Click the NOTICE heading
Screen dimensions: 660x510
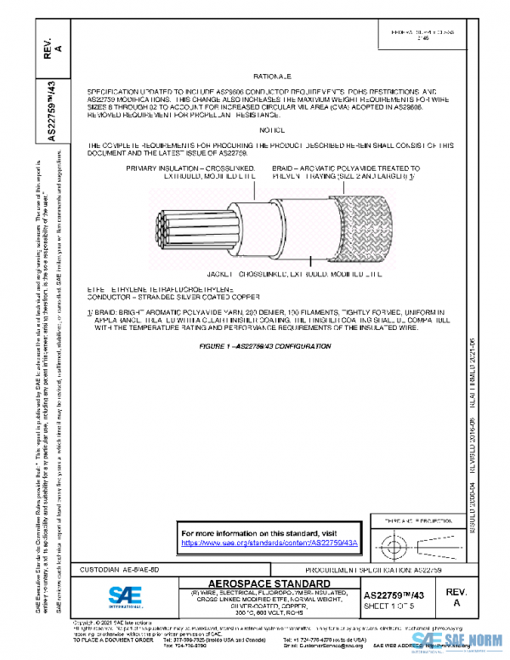click(x=273, y=130)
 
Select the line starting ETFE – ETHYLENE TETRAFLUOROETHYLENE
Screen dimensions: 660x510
click(x=161, y=290)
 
